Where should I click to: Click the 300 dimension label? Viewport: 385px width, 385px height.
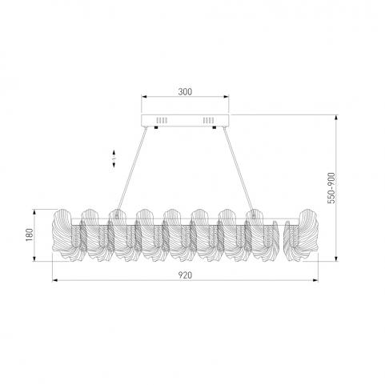(x=185, y=91)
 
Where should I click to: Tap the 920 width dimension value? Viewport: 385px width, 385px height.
(x=185, y=275)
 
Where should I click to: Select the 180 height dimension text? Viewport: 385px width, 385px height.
(x=30, y=235)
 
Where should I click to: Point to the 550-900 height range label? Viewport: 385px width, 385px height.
(x=331, y=188)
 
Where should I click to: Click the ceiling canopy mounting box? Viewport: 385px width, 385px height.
(x=185, y=120)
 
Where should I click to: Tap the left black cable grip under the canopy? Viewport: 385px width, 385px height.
(x=156, y=127)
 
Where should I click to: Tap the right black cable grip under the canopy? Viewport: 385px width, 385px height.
(x=214, y=127)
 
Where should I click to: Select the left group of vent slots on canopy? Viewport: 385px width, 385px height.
(x=162, y=120)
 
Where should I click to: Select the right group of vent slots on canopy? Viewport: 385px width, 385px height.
(x=208, y=120)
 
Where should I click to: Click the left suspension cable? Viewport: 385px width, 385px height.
(x=131, y=171)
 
